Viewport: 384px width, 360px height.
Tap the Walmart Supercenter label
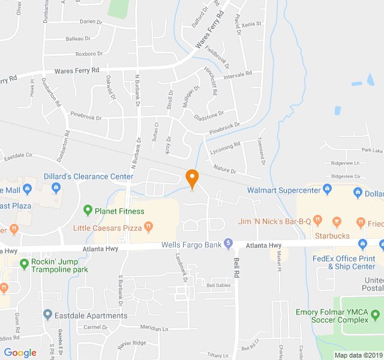coord(284,191)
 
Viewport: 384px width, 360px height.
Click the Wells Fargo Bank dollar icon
coord(228,244)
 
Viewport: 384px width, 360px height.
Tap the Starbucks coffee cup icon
coord(337,221)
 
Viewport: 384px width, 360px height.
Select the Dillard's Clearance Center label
coord(88,176)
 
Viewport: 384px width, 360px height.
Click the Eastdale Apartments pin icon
coord(48,314)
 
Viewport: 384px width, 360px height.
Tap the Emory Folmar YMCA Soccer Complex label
coord(331,316)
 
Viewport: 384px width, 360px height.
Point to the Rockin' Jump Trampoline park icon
coord(25,262)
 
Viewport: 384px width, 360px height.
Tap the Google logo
coord(20,353)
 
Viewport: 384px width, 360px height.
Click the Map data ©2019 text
coord(358,355)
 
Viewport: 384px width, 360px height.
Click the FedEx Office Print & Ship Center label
coord(343,262)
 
